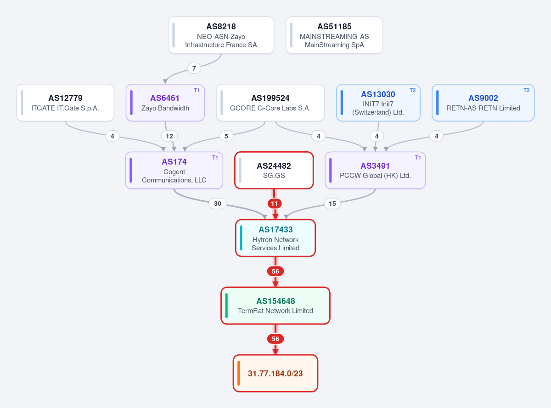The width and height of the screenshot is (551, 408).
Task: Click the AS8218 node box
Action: tap(221, 35)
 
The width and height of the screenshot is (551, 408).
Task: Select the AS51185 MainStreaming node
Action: tap(334, 35)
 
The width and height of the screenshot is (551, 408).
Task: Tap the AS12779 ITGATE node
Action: tap(65, 103)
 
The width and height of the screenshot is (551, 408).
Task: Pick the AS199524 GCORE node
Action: tap(270, 103)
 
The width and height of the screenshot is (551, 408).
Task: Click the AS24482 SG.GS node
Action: tap(274, 171)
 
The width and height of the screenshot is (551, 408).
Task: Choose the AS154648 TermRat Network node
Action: tap(275, 306)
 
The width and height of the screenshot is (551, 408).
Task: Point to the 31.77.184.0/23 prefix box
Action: tap(275, 373)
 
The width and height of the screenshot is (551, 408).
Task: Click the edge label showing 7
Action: tap(194, 68)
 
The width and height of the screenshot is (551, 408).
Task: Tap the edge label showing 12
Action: tap(169, 136)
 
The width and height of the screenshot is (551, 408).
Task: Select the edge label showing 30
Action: tap(217, 204)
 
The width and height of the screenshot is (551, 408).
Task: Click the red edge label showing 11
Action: tap(274, 204)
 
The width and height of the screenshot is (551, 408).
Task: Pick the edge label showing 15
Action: tap(332, 204)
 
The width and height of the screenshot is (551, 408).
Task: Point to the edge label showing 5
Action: tap(226, 136)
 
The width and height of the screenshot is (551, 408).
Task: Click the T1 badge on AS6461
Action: tap(197, 90)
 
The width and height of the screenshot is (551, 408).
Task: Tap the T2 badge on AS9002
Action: tap(526, 90)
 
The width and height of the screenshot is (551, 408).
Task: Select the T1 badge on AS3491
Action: tap(418, 158)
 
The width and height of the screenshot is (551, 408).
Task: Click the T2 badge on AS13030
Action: tap(412, 90)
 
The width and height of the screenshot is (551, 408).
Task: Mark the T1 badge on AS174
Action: tap(215, 158)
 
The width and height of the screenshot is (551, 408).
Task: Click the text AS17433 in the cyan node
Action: tap(275, 230)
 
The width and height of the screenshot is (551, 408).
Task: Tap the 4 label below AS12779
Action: tap(112, 136)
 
